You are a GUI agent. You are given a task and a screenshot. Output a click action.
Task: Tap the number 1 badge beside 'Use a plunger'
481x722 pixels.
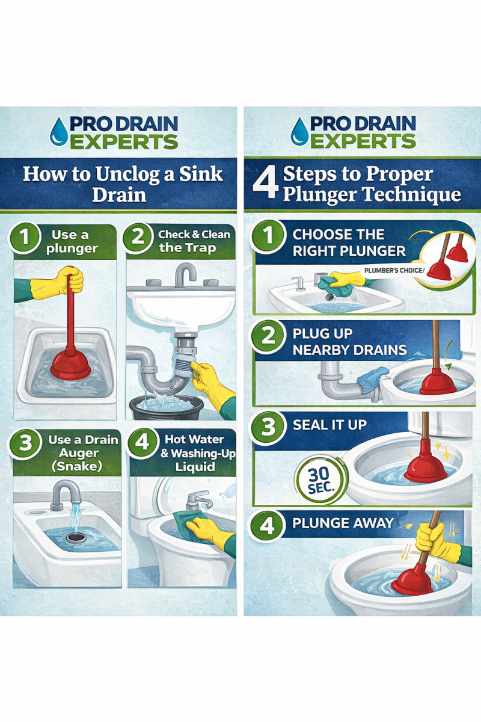point(25,238)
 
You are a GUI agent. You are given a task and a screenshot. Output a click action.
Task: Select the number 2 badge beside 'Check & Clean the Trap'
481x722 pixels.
point(138,238)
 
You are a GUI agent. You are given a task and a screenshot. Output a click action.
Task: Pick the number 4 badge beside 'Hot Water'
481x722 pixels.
point(142,443)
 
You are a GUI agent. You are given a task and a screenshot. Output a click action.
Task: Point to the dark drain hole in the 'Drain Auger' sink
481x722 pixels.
point(76,537)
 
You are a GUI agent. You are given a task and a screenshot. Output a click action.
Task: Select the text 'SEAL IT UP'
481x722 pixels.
point(329,425)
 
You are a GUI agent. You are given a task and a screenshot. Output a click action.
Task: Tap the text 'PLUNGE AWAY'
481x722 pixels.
point(343,523)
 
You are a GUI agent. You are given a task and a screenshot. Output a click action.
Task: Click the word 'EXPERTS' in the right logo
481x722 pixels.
point(363,141)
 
